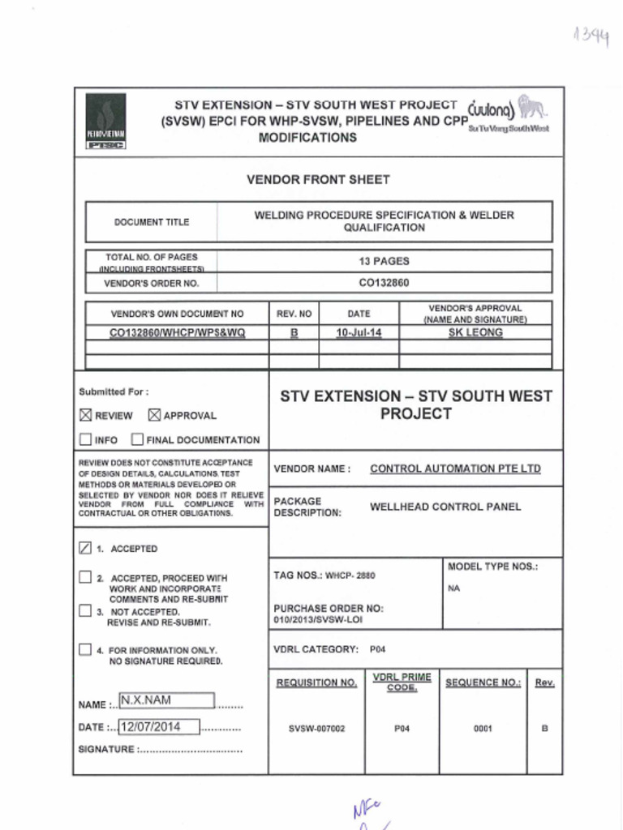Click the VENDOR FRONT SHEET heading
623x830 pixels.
point(318,179)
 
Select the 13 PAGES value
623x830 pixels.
point(384,261)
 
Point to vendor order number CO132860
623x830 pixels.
point(384,283)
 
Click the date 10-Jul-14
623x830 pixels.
point(359,332)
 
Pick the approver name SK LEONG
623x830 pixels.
point(475,332)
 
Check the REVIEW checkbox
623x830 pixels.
point(86,415)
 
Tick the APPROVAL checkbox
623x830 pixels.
point(155,415)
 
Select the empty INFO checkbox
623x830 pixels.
point(86,440)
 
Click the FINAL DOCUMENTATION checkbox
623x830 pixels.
point(137,440)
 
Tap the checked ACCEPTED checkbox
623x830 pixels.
point(86,549)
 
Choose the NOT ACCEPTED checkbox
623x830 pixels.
point(86,611)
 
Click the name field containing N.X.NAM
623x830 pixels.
point(165,700)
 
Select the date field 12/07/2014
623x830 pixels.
point(159,726)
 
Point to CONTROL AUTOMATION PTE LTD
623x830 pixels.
point(455,468)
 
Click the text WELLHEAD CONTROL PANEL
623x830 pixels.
point(445,507)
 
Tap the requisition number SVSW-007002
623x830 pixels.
point(316,729)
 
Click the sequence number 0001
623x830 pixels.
point(483,729)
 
